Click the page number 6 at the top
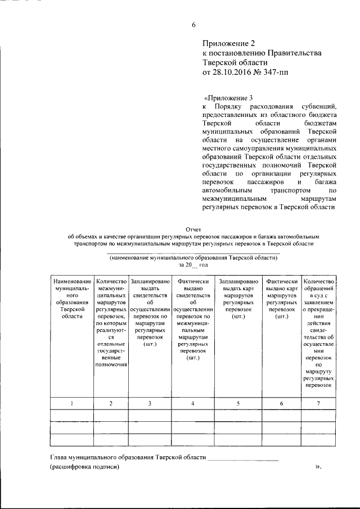193,24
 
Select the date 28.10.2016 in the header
230,72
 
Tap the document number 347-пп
275,72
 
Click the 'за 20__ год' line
193,264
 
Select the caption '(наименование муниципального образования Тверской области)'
193,257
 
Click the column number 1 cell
71,403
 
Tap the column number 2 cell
111,403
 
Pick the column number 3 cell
150,403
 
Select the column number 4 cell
193,403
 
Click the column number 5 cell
238,403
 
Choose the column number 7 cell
318,403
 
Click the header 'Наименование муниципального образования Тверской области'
71,298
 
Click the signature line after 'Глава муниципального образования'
243,460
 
